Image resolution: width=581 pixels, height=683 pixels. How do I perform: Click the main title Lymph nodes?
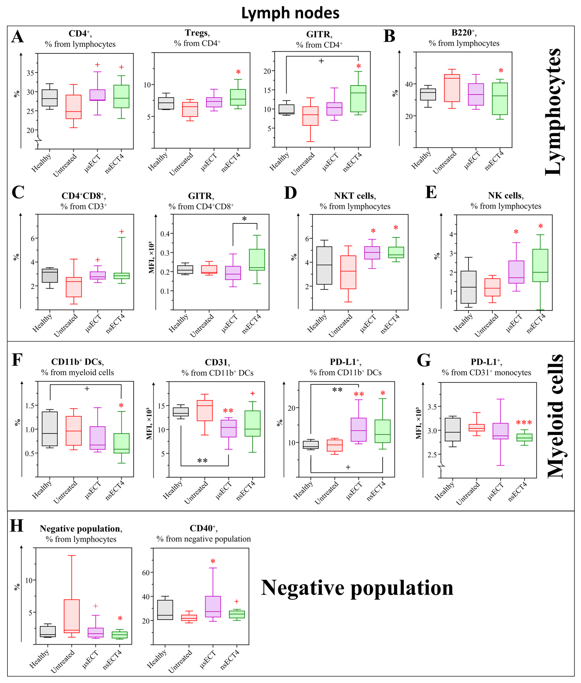[290, 13]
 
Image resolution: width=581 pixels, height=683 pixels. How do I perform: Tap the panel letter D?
[290, 193]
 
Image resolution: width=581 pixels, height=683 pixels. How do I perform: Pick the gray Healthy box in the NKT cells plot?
[324, 265]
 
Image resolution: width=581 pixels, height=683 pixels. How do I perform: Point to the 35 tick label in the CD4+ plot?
[30, 73]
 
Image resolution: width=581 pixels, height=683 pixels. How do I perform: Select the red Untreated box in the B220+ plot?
[452, 88]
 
